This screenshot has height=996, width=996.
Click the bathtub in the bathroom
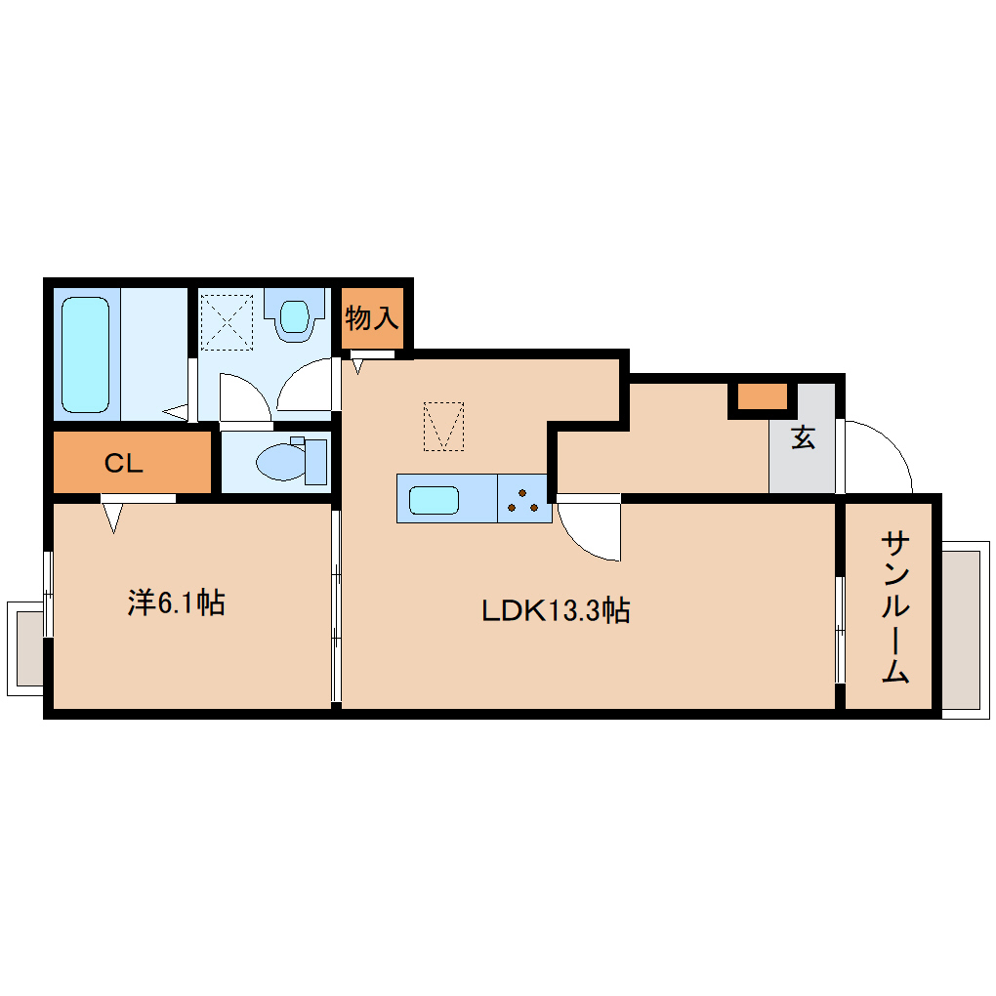(x=85, y=353)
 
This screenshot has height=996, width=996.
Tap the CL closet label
(x=124, y=464)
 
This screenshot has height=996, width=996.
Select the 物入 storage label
(x=372, y=317)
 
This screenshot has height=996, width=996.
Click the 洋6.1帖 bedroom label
(x=177, y=602)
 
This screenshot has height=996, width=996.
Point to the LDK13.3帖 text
(x=556, y=611)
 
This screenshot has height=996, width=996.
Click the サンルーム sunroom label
(x=894, y=606)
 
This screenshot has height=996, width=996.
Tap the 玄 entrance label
(x=803, y=438)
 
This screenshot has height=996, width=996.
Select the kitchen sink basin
(x=435, y=500)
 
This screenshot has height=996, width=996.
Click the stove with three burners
(x=523, y=500)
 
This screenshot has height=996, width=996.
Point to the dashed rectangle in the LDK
(x=443, y=427)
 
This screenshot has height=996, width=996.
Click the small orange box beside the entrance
(x=762, y=397)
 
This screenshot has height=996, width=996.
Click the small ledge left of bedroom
(x=27, y=645)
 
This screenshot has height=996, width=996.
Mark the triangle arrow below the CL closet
(x=113, y=517)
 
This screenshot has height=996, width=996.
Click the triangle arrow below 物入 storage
(x=358, y=366)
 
